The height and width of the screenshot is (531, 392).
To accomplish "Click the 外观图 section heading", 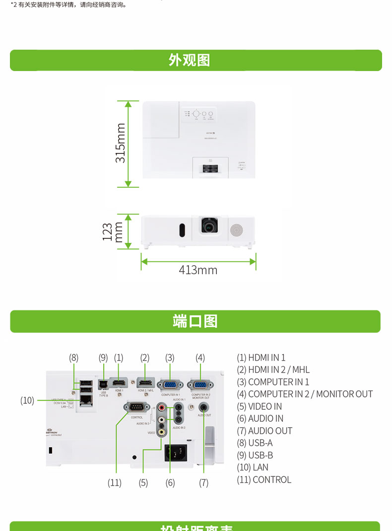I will [x=189, y=60].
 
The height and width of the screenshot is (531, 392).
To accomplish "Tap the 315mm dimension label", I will [x=121, y=143].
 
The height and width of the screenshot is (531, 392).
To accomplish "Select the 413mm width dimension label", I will [x=198, y=270].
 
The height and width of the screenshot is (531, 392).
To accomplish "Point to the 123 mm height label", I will [x=112, y=232].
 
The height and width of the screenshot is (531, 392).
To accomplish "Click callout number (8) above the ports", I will [x=74, y=357].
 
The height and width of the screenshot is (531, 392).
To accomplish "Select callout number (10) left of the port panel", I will [x=27, y=400].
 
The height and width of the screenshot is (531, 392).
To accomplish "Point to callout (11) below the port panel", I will [x=115, y=482].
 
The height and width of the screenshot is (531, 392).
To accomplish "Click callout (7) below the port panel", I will [x=203, y=482].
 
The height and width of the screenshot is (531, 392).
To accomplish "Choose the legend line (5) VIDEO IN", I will [x=259, y=406].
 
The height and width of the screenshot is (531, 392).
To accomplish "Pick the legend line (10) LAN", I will [x=253, y=467].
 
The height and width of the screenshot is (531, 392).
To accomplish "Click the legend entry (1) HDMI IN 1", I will [x=261, y=358].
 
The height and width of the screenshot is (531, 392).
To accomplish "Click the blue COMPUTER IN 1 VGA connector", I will [x=170, y=384].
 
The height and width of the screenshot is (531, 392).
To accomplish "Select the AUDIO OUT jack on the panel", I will [x=203, y=406].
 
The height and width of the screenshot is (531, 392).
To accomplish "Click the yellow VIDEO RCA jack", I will [x=162, y=432].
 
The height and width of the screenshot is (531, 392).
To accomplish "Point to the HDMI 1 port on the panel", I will [x=119, y=383].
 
